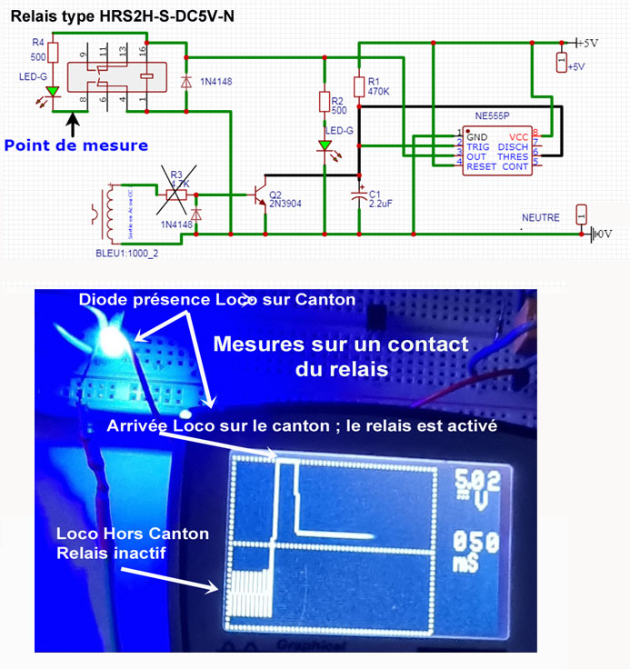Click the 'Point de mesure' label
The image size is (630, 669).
(76, 145)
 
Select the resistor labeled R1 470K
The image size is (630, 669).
(360, 86)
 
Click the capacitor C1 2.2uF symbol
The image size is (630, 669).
(360, 195)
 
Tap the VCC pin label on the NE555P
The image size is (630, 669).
(518, 137)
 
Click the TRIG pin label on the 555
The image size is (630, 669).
(478, 147)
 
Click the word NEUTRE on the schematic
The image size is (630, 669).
(541, 218)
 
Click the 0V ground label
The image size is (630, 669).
(604, 234)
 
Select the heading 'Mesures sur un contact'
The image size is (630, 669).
(342, 344)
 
